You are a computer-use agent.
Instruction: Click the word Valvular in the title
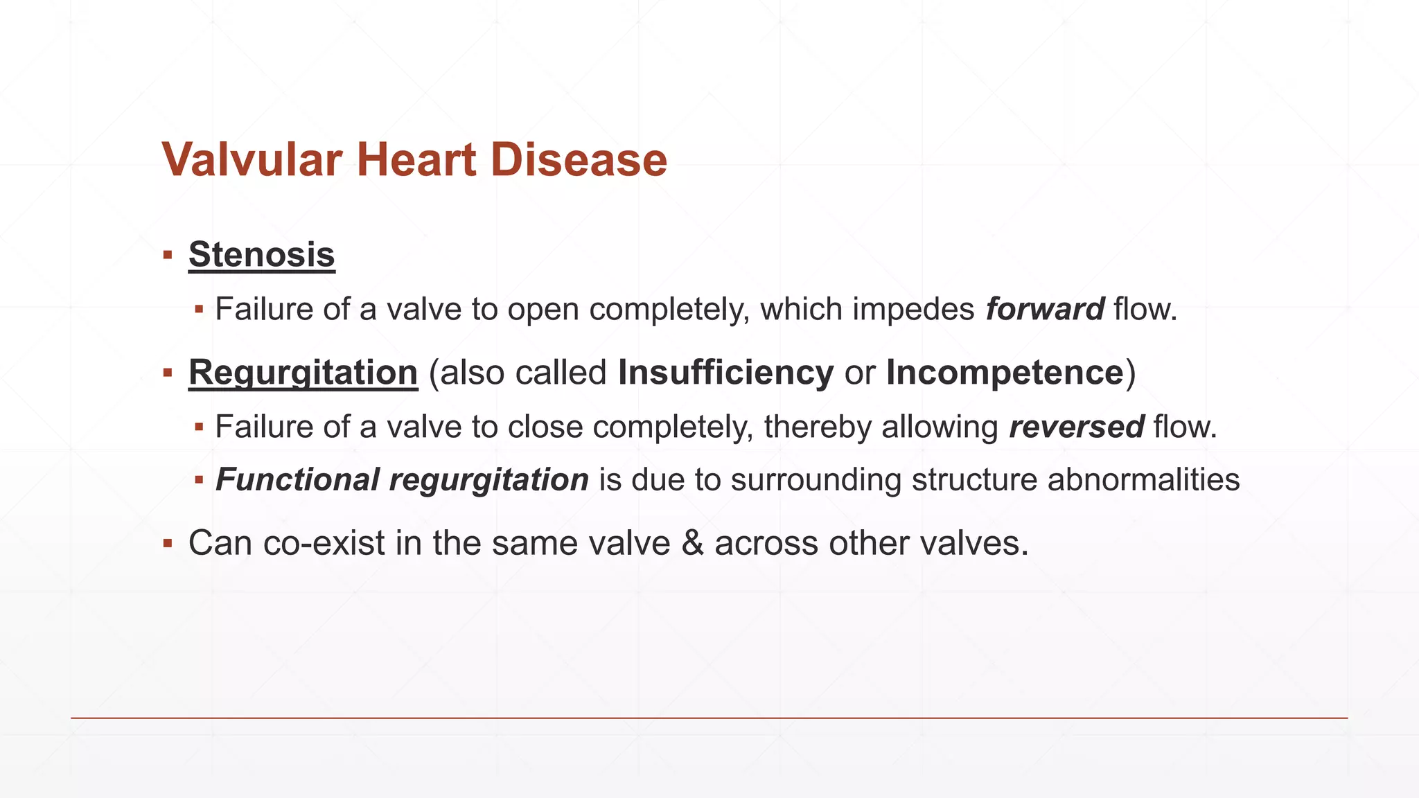[252, 160]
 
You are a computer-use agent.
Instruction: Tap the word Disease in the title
[579, 160]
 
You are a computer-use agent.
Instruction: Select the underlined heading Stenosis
[262, 254]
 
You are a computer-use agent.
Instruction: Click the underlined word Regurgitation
[303, 373]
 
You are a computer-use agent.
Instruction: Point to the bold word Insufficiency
[725, 373]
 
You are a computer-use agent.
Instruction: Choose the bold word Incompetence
[1004, 373]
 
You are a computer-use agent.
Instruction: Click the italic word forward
[1045, 309]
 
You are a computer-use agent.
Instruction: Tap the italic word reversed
[1076, 427]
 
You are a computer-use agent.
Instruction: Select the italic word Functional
[298, 480]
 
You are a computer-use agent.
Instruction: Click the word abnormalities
[1143, 480]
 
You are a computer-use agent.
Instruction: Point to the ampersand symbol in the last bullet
[692, 543]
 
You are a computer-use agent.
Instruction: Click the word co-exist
[324, 543]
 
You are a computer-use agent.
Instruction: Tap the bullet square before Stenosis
[168, 255]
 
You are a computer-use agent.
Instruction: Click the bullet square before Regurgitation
[168, 373]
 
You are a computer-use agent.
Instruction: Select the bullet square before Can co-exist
[168, 543]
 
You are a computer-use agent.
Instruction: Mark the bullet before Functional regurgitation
[199, 479]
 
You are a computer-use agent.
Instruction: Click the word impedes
[913, 309]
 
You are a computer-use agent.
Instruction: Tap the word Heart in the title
[416, 160]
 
